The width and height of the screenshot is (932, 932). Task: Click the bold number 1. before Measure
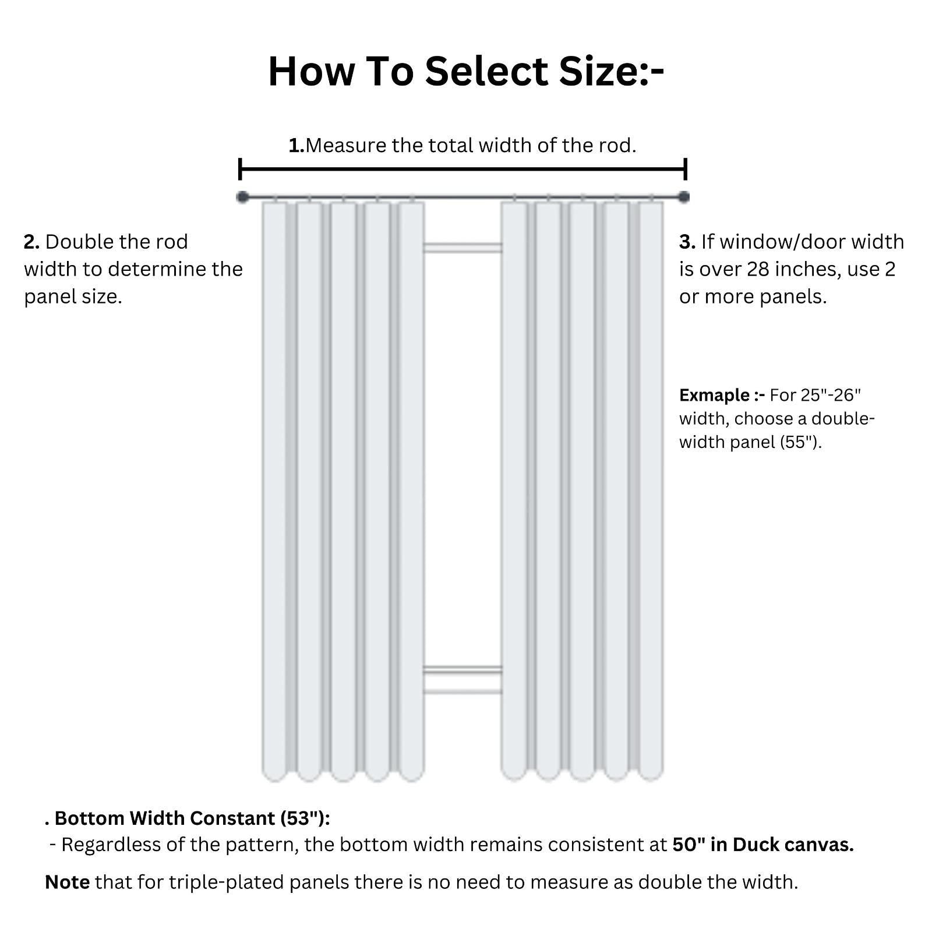pyautogui.click(x=296, y=145)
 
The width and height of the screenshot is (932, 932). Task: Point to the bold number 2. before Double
pyautogui.click(x=31, y=242)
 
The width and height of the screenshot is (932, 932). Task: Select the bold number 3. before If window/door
pyautogui.click(x=687, y=242)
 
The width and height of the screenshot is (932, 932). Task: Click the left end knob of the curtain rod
pyautogui.click(x=243, y=197)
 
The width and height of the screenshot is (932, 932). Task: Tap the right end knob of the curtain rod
pyautogui.click(x=684, y=197)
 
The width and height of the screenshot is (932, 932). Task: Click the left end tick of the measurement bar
pyautogui.click(x=240, y=170)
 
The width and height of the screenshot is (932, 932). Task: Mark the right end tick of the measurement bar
pyautogui.click(x=686, y=170)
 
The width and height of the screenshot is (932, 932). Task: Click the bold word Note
pyautogui.click(x=67, y=882)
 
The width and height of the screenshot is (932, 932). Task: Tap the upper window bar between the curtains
pyautogui.click(x=463, y=248)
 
